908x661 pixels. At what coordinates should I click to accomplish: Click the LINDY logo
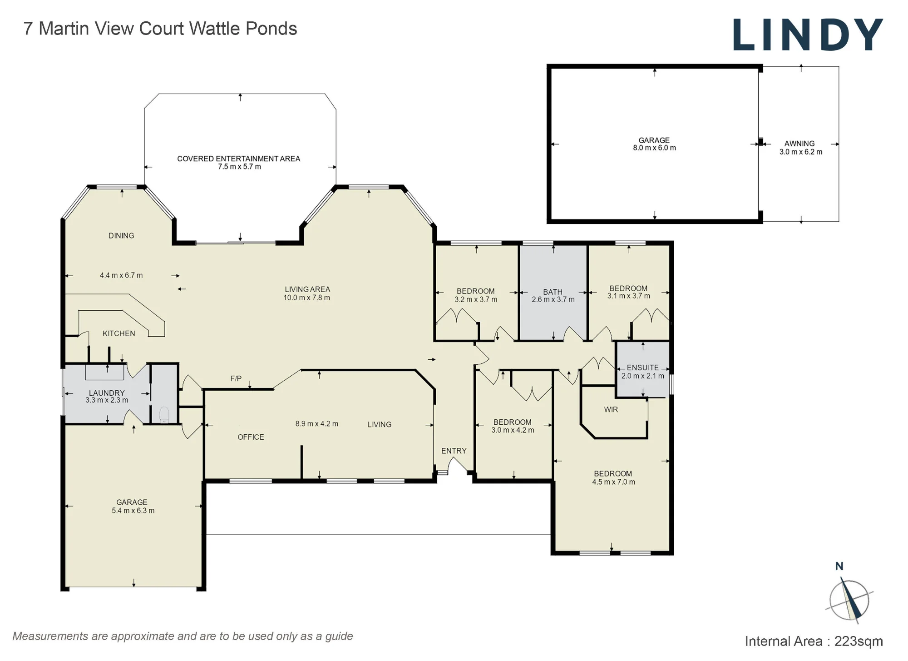pos(808,35)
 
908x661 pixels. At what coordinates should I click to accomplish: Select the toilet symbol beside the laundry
pos(164,415)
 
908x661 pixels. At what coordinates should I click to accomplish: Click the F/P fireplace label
pos(236,378)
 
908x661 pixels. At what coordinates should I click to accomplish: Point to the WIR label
pos(611,410)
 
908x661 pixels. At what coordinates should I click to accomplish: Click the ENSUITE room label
pos(642,368)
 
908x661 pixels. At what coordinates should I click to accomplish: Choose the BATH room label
pos(553,292)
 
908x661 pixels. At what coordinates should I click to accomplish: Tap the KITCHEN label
pos(119,333)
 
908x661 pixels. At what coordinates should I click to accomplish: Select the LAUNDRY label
pos(107,393)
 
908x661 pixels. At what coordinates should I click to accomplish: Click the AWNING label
pos(799,144)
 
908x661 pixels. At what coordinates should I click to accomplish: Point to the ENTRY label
pos(454,451)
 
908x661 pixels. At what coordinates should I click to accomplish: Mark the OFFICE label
pos(251,437)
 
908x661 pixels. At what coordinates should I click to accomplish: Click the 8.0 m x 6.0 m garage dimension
pos(654,148)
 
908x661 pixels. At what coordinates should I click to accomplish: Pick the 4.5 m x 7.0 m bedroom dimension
pos(613,482)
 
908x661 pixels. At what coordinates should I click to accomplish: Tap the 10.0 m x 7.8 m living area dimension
pos(307,298)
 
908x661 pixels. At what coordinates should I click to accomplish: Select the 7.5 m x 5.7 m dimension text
pos(239,167)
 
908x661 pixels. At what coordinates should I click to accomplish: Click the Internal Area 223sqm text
pos(814,641)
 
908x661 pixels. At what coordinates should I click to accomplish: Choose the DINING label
pos(121,236)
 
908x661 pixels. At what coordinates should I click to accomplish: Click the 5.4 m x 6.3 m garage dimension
pos(133,511)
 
